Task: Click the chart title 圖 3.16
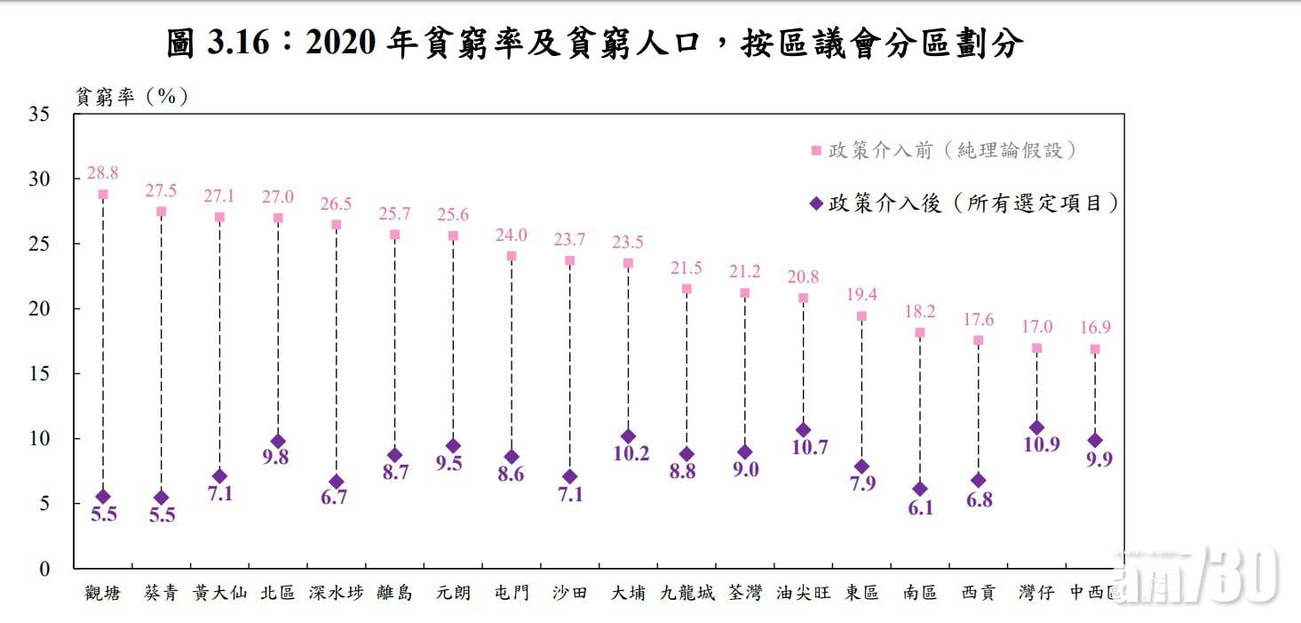(x=595, y=43)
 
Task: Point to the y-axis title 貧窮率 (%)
(x=132, y=96)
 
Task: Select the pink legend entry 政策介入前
(x=950, y=150)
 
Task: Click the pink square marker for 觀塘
(x=103, y=195)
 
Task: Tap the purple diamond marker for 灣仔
(x=1036, y=427)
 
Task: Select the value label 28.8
(x=103, y=172)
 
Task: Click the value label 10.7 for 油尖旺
(x=803, y=448)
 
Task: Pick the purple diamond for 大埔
(x=628, y=436)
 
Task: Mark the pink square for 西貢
(x=978, y=340)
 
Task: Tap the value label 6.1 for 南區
(x=920, y=508)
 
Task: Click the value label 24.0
(x=512, y=235)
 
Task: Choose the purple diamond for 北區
(x=278, y=442)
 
